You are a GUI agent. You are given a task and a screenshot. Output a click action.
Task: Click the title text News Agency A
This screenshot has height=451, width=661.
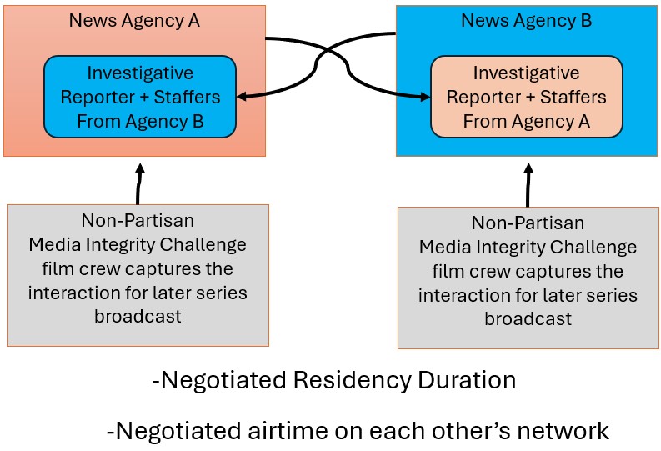[x=134, y=21]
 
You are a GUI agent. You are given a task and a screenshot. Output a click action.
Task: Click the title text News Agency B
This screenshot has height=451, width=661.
[x=527, y=21]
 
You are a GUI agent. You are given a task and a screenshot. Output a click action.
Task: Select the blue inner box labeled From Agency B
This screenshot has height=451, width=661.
[x=140, y=97]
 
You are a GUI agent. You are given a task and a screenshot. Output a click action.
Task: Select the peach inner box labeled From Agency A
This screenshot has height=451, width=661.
[x=527, y=97]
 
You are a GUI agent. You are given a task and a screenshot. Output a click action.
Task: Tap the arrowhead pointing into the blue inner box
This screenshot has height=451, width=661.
[x=242, y=97]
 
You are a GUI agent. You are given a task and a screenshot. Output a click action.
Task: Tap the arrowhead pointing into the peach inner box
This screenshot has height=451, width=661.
[x=425, y=97]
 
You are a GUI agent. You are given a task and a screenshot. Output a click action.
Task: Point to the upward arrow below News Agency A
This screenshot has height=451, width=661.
[x=139, y=183]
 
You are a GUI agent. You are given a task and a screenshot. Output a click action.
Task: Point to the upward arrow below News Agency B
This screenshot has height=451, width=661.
[x=528, y=185]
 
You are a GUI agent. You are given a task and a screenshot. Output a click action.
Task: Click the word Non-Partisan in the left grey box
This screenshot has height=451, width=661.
[x=138, y=220]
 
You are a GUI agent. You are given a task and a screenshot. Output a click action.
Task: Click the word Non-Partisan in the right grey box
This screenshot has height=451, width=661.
[x=528, y=223]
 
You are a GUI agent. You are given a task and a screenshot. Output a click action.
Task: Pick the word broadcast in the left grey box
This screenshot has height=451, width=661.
[x=138, y=317]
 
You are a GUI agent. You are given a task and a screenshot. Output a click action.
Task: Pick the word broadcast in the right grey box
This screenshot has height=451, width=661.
[x=528, y=319]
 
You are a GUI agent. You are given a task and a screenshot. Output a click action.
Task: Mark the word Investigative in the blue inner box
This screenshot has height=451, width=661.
[x=140, y=73]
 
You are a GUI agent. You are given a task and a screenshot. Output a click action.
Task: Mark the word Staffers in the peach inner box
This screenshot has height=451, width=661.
[x=573, y=97]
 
